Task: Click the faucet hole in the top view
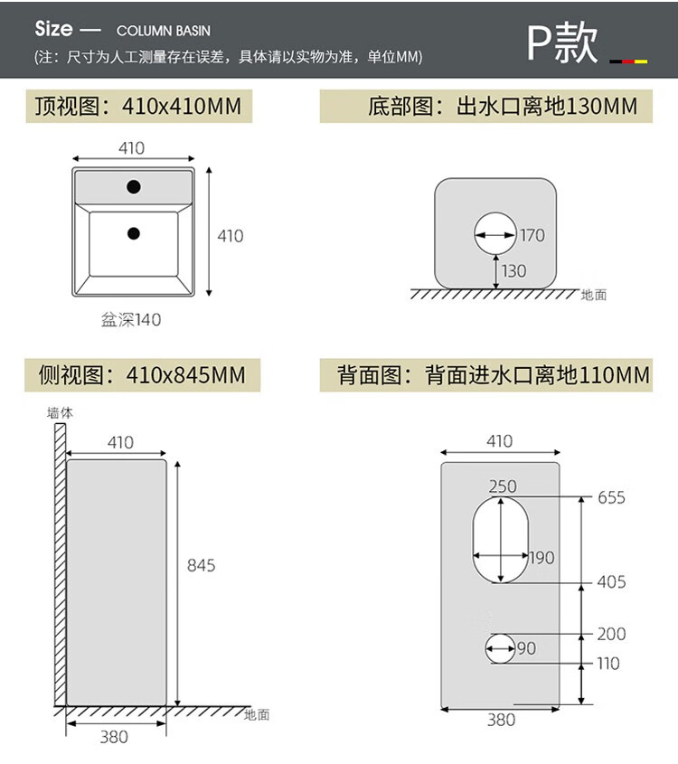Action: pos(134,187)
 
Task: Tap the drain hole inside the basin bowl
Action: pos(134,233)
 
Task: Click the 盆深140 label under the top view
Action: pos(132,319)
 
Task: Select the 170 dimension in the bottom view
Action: pos(532,235)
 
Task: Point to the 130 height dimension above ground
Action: pos(513,270)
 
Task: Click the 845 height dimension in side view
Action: pos(201,565)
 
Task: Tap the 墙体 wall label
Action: pos(60,412)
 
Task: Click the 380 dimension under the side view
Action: pos(114,736)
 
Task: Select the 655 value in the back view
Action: pos(611,497)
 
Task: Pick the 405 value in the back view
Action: pos(611,582)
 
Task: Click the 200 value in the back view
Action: pos(611,635)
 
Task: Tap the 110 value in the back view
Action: pos(608,664)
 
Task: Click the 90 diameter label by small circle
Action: pos(526,648)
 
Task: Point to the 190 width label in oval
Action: pos(541,558)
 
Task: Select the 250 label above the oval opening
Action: pos(503,486)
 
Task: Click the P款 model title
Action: pos(563,42)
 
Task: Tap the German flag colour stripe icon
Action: pos(628,61)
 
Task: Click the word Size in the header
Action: pos(53,28)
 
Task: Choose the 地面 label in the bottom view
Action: pos(594,294)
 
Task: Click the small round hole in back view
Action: pos(500,647)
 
